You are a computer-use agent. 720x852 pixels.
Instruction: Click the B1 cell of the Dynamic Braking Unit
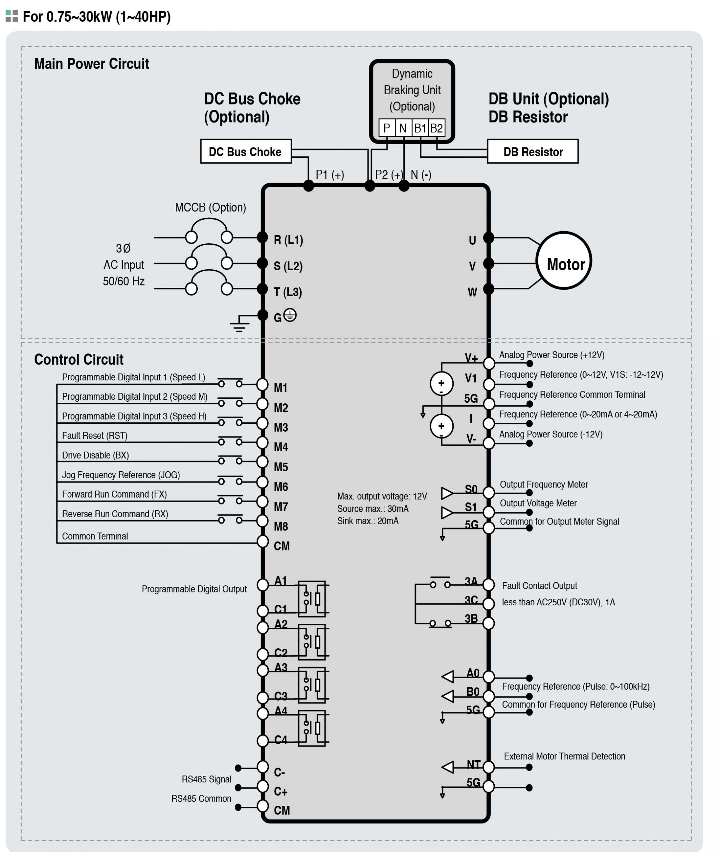point(420,128)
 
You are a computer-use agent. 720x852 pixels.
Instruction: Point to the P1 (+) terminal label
point(330,175)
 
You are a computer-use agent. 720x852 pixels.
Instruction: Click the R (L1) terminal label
point(288,240)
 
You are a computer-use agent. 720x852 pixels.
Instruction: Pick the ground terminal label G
point(278,318)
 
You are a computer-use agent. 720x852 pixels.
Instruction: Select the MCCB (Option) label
point(210,207)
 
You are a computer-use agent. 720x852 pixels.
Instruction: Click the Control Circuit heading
point(79,359)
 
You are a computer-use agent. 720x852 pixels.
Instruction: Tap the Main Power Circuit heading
point(92,64)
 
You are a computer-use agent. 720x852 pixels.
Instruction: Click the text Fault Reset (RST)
point(95,435)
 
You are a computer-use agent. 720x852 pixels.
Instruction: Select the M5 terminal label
point(281,467)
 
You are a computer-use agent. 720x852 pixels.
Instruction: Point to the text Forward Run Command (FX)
point(114,494)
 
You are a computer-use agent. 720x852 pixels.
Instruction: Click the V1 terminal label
point(471,378)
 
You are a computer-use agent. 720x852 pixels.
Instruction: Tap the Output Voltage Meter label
point(538,503)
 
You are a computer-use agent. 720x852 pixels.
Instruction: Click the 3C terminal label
point(471,600)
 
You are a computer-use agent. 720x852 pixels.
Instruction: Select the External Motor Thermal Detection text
point(565,756)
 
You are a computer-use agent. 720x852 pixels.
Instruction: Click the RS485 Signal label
point(206,779)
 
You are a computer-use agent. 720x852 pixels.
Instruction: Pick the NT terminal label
point(473,765)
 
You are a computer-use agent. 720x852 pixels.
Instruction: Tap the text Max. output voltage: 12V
point(382,496)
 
